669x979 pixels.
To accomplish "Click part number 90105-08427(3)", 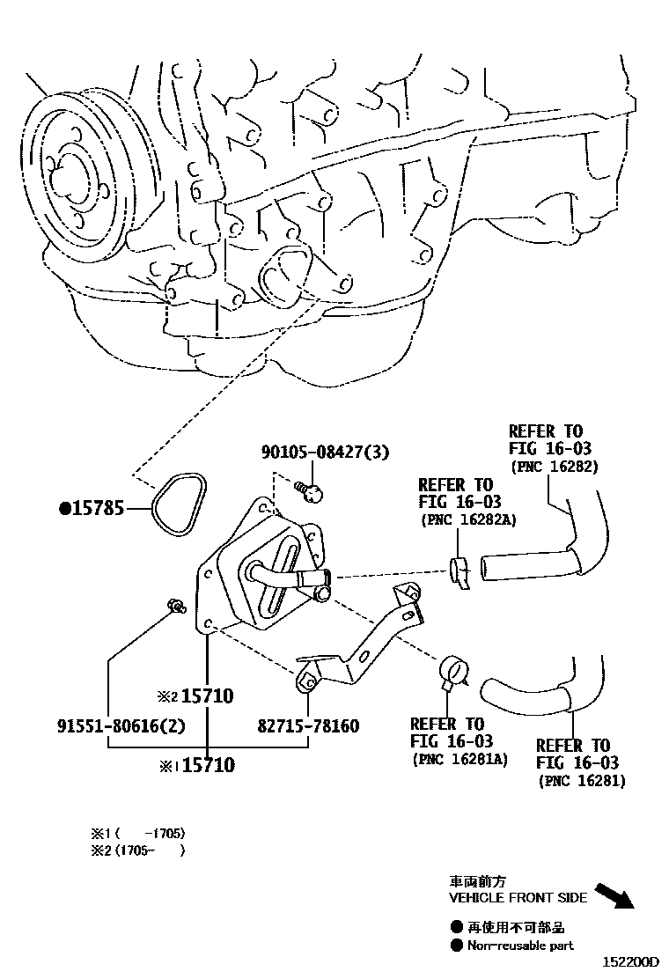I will tap(325, 452).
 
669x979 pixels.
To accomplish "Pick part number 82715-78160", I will tap(308, 726).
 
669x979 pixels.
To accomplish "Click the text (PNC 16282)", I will tap(555, 467).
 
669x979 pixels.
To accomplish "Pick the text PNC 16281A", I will tap(459, 759).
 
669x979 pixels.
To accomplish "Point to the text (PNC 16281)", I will tap(582, 780).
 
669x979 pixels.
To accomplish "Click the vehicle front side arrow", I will tap(614, 895).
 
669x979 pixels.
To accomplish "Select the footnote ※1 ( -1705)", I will tap(137, 833).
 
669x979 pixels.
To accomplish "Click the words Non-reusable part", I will tap(519, 946).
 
